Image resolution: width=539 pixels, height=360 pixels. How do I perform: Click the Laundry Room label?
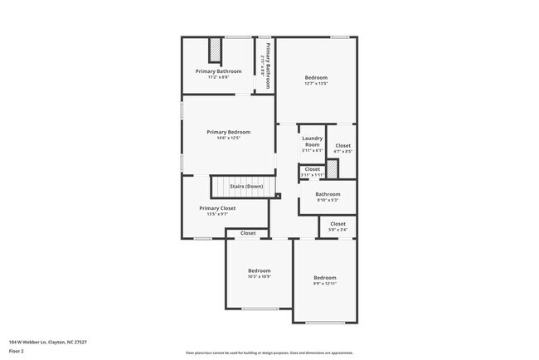pyautogui.click(x=312, y=141)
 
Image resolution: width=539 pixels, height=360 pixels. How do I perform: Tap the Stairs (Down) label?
pyautogui.click(x=246, y=187)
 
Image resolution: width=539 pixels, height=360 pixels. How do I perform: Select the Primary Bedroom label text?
pyautogui.click(x=228, y=132)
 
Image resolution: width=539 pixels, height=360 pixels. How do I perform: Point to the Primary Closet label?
pyautogui.click(x=217, y=208)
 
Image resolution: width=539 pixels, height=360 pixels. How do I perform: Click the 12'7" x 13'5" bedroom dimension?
pyautogui.click(x=316, y=84)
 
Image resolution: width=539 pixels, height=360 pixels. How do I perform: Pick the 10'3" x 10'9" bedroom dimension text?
pyautogui.click(x=260, y=276)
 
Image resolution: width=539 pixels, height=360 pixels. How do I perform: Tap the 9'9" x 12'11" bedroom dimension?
pyautogui.click(x=324, y=284)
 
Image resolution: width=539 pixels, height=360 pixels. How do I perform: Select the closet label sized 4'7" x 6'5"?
pyautogui.click(x=342, y=146)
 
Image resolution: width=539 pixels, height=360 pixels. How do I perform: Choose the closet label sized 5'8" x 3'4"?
pyautogui.click(x=337, y=224)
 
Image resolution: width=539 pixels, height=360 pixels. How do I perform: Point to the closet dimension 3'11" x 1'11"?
pyautogui.click(x=312, y=176)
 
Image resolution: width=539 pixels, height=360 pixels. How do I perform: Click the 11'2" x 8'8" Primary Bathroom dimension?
pyautogui.click(x=218, y=77)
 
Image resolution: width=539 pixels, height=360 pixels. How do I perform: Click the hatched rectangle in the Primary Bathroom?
pyautogui.click(x=215, y=51)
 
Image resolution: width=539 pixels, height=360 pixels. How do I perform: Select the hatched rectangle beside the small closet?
pyautogui.click(x=332, y=169)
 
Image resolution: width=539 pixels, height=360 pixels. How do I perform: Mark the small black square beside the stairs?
pyautogui.click(x=279, y=196)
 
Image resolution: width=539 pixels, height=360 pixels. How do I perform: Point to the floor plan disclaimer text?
pyautogui.click(x=269, y=352)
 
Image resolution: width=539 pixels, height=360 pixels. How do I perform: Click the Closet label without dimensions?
pyautogui.click(x=248, y=234)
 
